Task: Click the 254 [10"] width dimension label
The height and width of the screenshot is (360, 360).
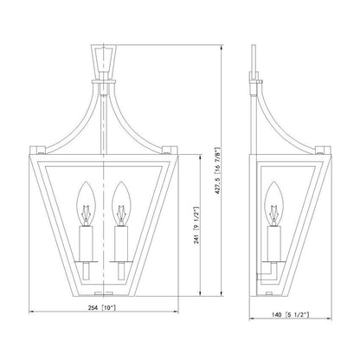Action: (x=102, y=308)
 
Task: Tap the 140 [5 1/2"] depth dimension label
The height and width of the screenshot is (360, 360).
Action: (x=290, y=315)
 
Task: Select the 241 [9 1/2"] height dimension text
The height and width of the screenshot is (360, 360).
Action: (x=196, y=225)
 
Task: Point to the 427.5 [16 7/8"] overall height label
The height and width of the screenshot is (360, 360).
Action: (x=218, y=171)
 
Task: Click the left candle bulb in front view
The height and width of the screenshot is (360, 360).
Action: (x=86, y=203)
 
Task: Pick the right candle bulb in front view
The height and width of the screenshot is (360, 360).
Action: (x=121, y=203)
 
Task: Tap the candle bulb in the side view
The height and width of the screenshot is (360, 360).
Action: (x=274, y=203)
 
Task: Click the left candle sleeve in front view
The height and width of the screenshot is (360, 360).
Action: (x=86, y=244)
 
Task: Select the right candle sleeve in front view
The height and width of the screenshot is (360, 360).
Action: (x=121, y=244)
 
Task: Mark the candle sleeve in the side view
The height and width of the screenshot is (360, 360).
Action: (x=274, y=244)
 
